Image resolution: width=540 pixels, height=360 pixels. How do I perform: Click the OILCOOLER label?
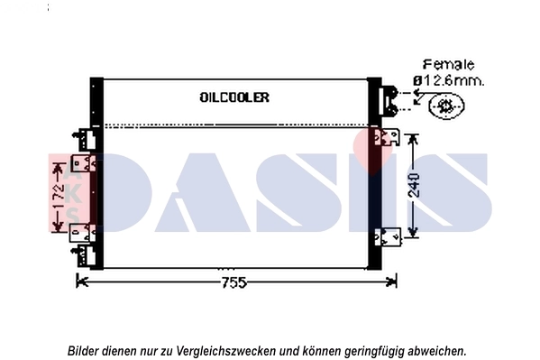tap(233, 97)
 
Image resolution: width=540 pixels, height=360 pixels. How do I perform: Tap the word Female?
tap(448, 65)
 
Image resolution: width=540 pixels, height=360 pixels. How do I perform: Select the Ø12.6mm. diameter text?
tap(448, 80)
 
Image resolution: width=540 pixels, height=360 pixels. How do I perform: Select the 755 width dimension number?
tap(233, 282)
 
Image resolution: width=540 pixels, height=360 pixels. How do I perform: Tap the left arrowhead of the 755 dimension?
tap(80, 282)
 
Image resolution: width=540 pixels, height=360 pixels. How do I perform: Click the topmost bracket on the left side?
tap(87, 139)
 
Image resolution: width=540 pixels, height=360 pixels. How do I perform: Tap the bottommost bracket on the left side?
tap(85, 256)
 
